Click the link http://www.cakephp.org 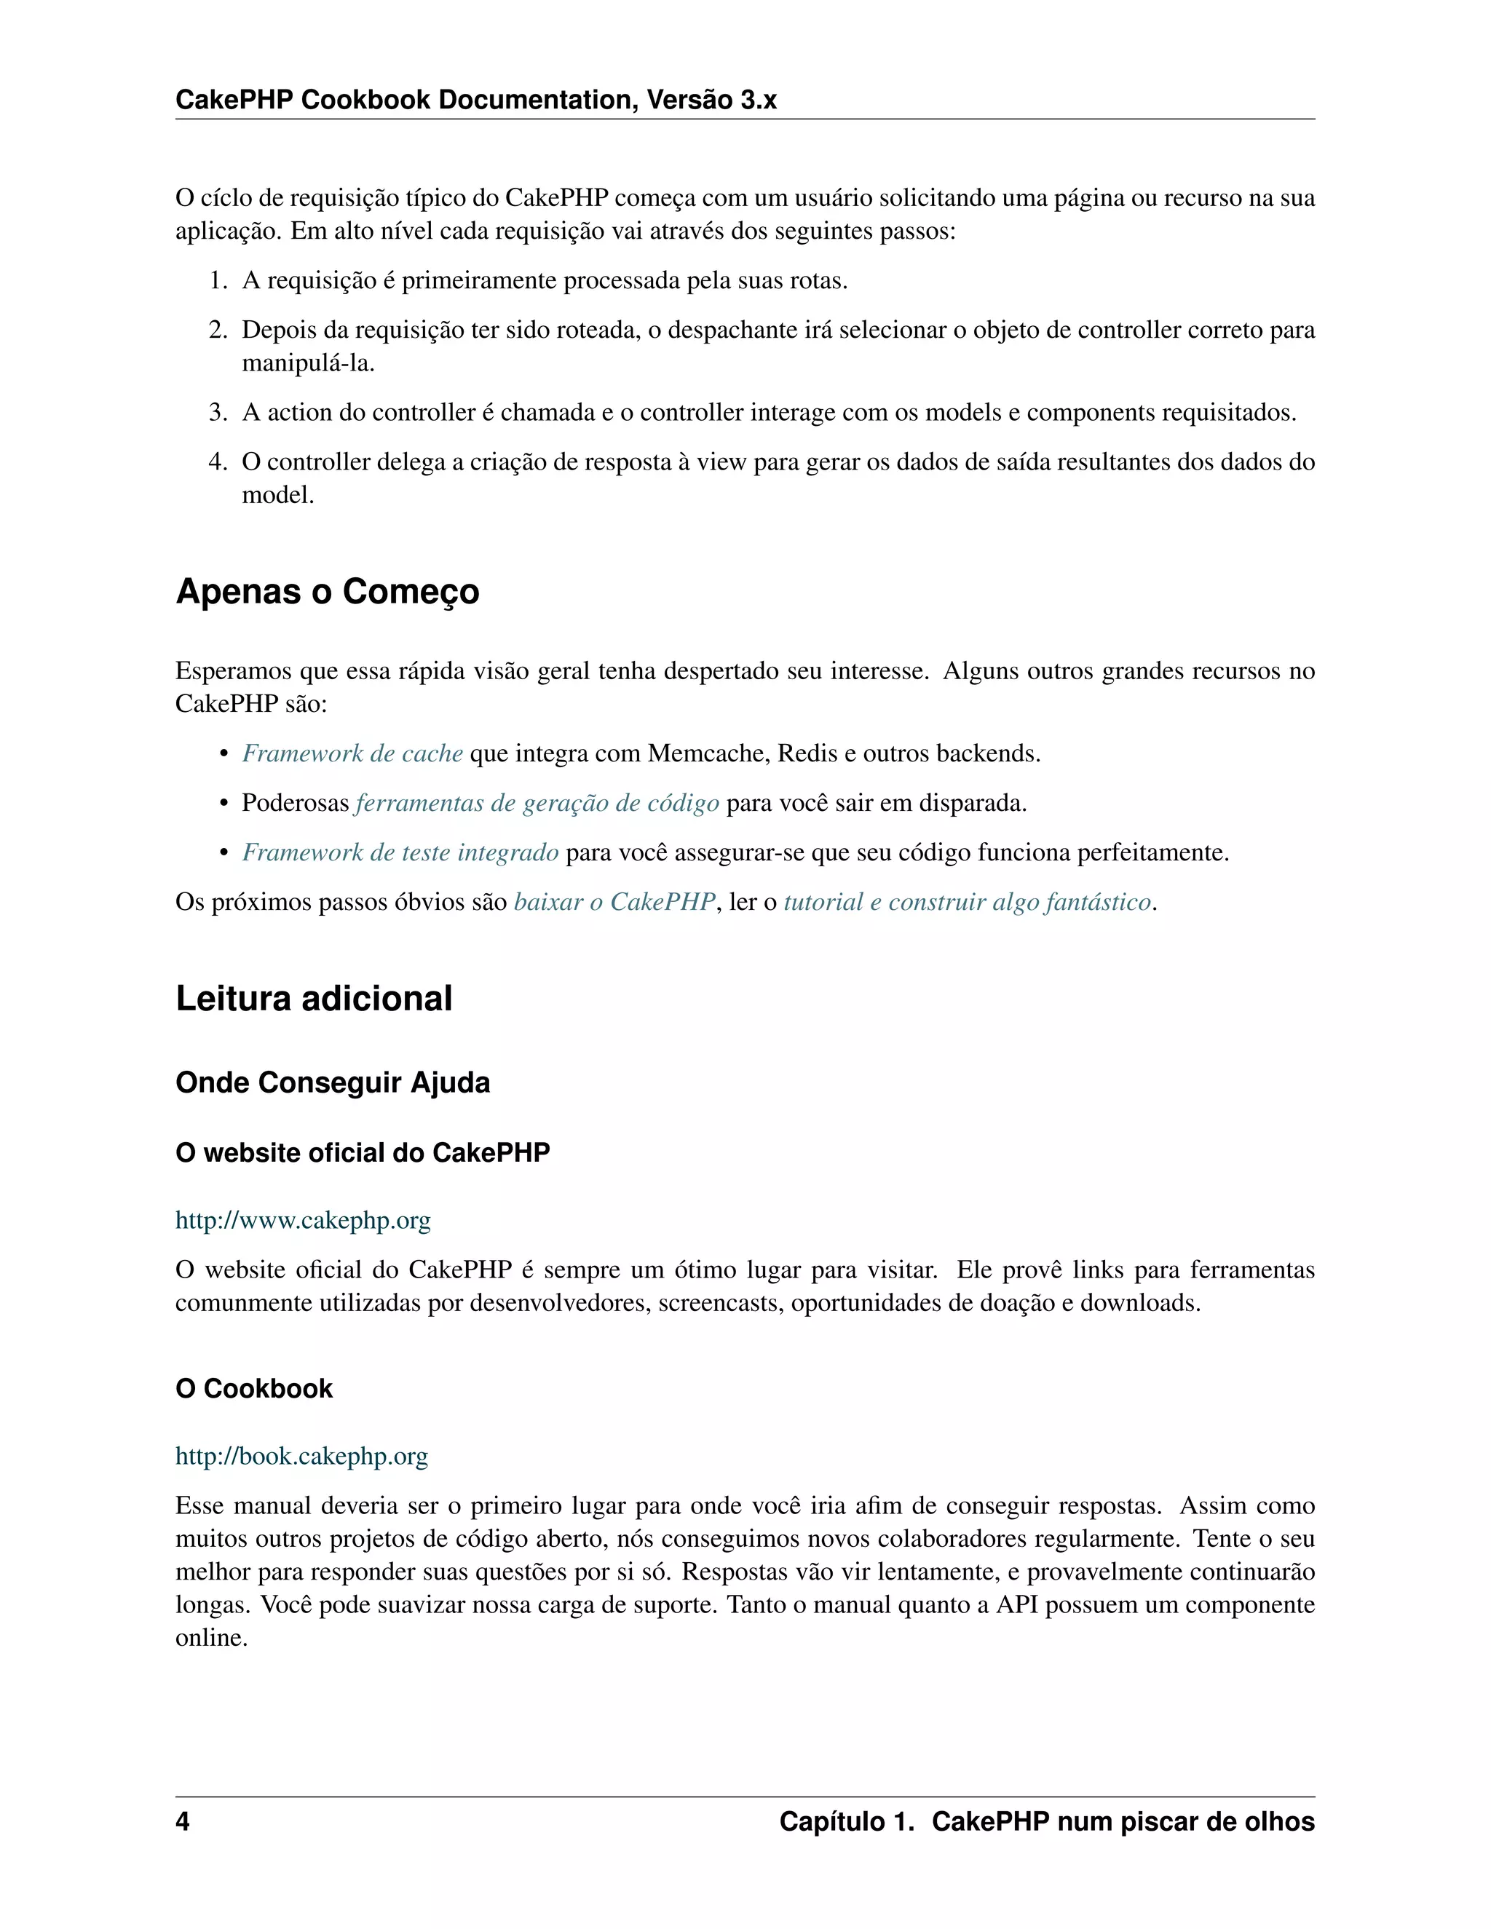(x=303, y=1220)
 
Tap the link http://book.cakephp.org (x=301, y=1456)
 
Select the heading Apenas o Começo (x=327, y=591)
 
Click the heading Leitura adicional (x=314, y=998)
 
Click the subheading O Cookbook (x=253, y=1388)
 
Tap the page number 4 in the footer (x=183, y=1821)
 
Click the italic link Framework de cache (x=352, y=753)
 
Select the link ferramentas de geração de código (x=537, y=803)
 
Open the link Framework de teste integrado (x=400, y=852)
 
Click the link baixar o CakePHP (x=614, y=902)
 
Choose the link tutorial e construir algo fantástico (x=968, y=902)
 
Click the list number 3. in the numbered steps (x=218, y=413)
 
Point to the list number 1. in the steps (x=218, y=281)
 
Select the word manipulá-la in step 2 (x=306, y=363)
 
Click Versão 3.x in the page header (x=711, y=100)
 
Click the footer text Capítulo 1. (x=845, y=1821)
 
